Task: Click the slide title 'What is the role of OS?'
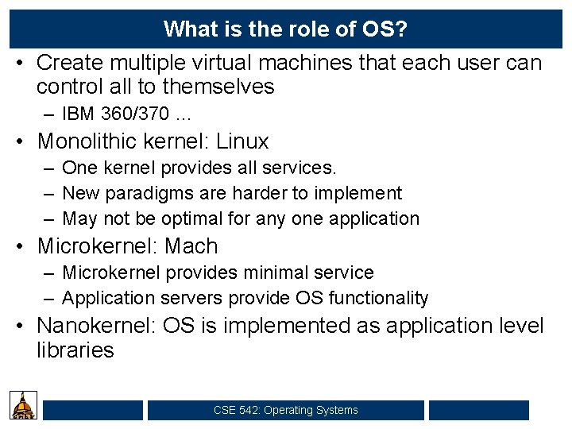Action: pyautogui.click(x=285, y=29)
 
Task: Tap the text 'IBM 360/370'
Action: pyautogui.click(x=112, y=114)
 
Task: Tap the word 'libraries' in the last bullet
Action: pyautogui.click(x=75, y=350)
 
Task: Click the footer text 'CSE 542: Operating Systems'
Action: pyautogui.click(x=285, y=410)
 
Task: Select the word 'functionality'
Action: pyautogui.click(x=378, y=299)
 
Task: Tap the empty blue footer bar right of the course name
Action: pyautogui.click(x=478, y=410)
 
